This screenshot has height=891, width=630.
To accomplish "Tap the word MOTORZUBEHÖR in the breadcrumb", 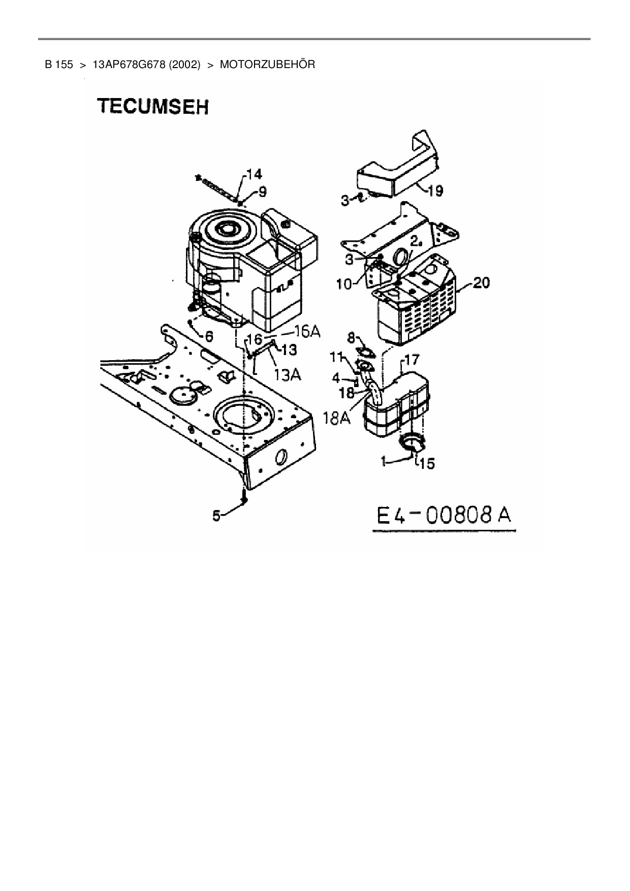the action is tap(268, 65).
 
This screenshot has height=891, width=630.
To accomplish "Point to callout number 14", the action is tap(254, 175).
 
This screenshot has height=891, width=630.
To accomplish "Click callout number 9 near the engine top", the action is tap(262, 192).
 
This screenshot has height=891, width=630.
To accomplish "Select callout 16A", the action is tap(308, 332).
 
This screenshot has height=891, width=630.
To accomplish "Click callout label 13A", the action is tap(287, 374).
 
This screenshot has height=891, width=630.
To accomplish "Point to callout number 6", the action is tap(208, 336).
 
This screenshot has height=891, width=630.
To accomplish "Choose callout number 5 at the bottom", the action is tap(217, 516).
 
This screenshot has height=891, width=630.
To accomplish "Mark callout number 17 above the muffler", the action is tap(411, 360).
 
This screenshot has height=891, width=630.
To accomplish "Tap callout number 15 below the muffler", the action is tap(427, 463).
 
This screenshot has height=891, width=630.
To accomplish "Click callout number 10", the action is tap(344, 283).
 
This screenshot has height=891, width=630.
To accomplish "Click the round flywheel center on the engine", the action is tap(227, 230).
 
